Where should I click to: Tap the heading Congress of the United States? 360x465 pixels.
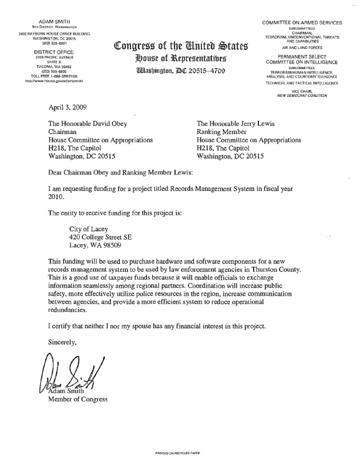tap(180, 47)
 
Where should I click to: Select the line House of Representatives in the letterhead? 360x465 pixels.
tap(180, 59)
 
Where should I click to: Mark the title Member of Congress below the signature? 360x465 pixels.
tap(78, 399)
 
